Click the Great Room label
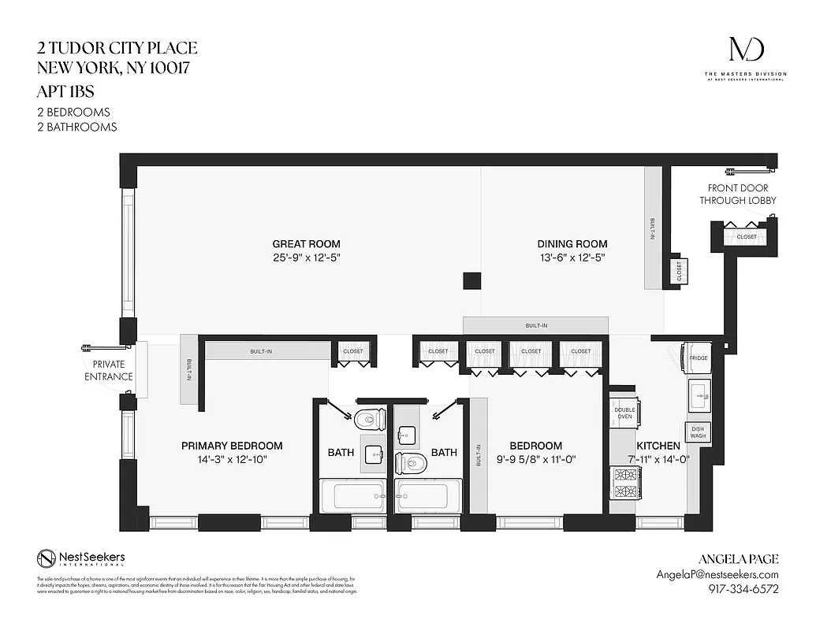tap(307, 244)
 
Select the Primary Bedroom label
tap(232, 446)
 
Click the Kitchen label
tap(664, 446)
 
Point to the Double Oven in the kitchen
tap(624, 412)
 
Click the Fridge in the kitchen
tap(698, 358)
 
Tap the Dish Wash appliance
tap(698, 432)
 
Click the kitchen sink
tap(698, 394)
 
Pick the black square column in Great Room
tap(471, 281)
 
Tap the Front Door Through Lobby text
tap(737, 194)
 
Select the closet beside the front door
tap(745, 236)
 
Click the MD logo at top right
tap(745, 51)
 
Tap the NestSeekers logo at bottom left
tap(80, 559)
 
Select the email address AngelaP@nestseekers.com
tap(717, 575)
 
